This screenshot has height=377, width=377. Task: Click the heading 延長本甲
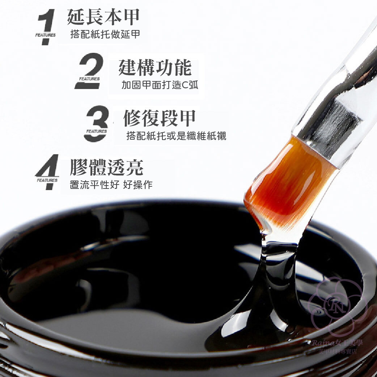[103, 17]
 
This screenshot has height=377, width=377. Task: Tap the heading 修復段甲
[160, 118]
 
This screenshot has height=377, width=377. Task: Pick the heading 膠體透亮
[107, 168]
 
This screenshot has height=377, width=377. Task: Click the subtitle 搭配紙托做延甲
[105, 35]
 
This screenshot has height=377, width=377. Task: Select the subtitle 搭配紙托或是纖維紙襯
[176, 136]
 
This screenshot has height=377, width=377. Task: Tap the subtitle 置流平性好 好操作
[111, 185]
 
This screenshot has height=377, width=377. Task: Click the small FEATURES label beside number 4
[47, 180]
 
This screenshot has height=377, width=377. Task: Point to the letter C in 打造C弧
[184, 85]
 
